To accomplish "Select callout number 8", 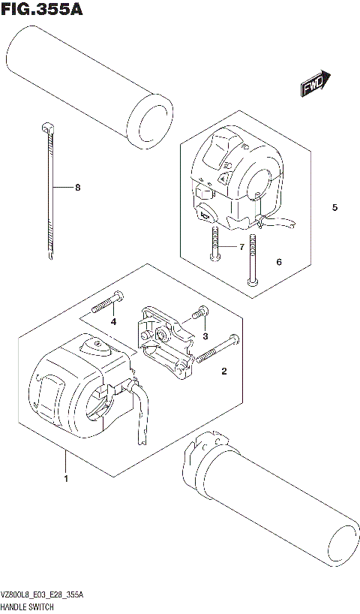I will pos(76,188).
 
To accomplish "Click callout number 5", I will pos(335,208).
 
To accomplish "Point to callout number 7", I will pos(241,247).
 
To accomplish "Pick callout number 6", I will pos(278,263).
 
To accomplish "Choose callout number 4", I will pos(114,322).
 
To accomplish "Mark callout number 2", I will pos(223,371).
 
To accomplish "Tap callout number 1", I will pos(66,478).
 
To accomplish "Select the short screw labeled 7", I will pos(214,246).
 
